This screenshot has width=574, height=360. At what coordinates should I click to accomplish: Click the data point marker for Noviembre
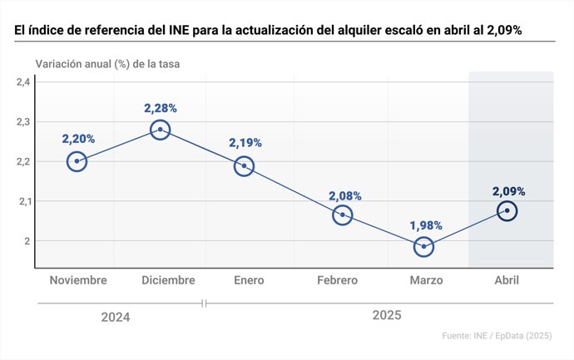77,161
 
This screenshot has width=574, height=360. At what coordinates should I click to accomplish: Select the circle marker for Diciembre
161,130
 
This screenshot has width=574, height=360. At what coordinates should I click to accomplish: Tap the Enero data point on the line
244,165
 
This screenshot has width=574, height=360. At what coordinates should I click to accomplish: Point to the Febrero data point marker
342,215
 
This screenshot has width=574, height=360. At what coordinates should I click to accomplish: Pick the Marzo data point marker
424,246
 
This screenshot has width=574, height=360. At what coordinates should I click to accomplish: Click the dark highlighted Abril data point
507,211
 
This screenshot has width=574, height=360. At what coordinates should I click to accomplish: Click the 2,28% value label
161,108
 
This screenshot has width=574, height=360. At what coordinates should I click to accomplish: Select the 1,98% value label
425,225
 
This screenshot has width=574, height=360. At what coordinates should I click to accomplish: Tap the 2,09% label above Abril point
508,190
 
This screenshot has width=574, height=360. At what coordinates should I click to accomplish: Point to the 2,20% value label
77,139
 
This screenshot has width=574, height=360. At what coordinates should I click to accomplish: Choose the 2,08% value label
345,196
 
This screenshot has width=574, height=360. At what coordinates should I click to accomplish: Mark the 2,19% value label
245,143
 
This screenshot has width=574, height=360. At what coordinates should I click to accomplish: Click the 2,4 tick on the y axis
22,81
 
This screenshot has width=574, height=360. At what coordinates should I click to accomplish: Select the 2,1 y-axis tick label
22,201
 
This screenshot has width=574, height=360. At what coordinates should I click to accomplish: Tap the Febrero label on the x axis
337,280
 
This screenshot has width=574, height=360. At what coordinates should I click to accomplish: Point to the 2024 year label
116,317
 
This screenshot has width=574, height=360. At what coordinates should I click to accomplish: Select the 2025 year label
387,315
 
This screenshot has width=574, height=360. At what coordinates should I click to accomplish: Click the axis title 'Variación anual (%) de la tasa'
106,63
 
